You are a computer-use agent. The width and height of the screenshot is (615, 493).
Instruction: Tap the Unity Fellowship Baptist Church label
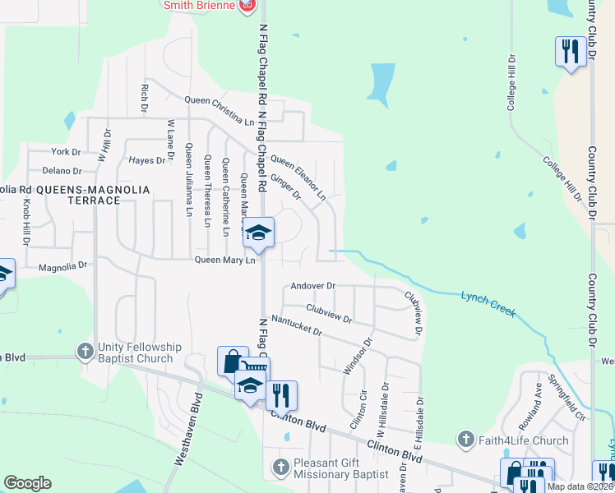(135, 352)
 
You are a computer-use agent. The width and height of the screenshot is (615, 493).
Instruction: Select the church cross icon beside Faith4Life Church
(467, 440)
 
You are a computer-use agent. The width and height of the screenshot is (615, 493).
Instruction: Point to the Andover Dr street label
(312, 286)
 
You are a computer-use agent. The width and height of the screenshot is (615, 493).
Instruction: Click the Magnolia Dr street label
(62, 266)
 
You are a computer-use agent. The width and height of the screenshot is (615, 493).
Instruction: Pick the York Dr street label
(66, 152)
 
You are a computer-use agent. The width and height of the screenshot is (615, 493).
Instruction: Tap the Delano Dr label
(62, 171)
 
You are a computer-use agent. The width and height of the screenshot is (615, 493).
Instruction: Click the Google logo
(27, 483)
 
